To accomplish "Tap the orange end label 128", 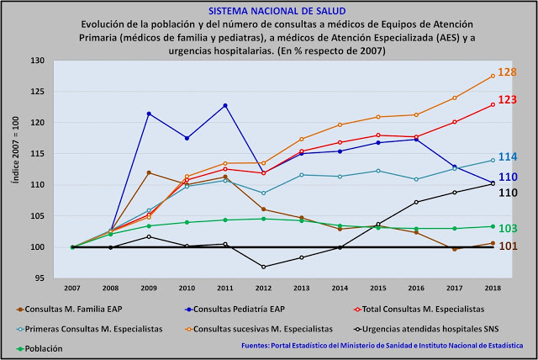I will point(507,72).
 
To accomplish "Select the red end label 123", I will point(507,99).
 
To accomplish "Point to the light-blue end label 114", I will point(507,156).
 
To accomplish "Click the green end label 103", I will point(507,228).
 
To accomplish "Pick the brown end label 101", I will point(507,246).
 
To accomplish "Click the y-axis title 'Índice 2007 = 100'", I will point(14,168).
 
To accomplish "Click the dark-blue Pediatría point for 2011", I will point(225,105).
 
